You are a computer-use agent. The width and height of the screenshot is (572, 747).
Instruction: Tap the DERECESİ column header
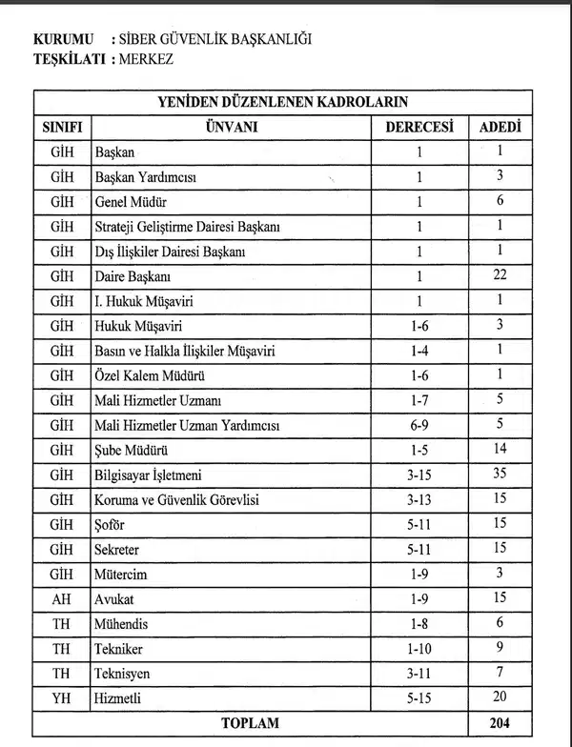click(419, 127)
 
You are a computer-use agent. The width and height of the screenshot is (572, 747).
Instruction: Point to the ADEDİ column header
click(500, 127)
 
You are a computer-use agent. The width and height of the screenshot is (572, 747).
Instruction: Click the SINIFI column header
click(61, 127)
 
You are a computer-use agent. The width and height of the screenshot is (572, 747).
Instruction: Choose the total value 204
click(500, 723)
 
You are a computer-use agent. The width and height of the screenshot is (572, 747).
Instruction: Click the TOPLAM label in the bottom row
click(250, 723)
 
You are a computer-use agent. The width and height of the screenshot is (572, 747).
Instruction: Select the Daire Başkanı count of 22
click(500, 276)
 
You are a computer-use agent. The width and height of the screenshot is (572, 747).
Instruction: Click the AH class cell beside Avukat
click(61, 599)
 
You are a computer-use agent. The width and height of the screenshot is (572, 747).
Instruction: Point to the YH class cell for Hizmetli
click(61, 698)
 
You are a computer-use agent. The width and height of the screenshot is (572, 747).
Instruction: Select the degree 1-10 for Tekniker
click(419, 649)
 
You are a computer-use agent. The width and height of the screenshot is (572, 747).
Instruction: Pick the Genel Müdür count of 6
click(500, 201)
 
